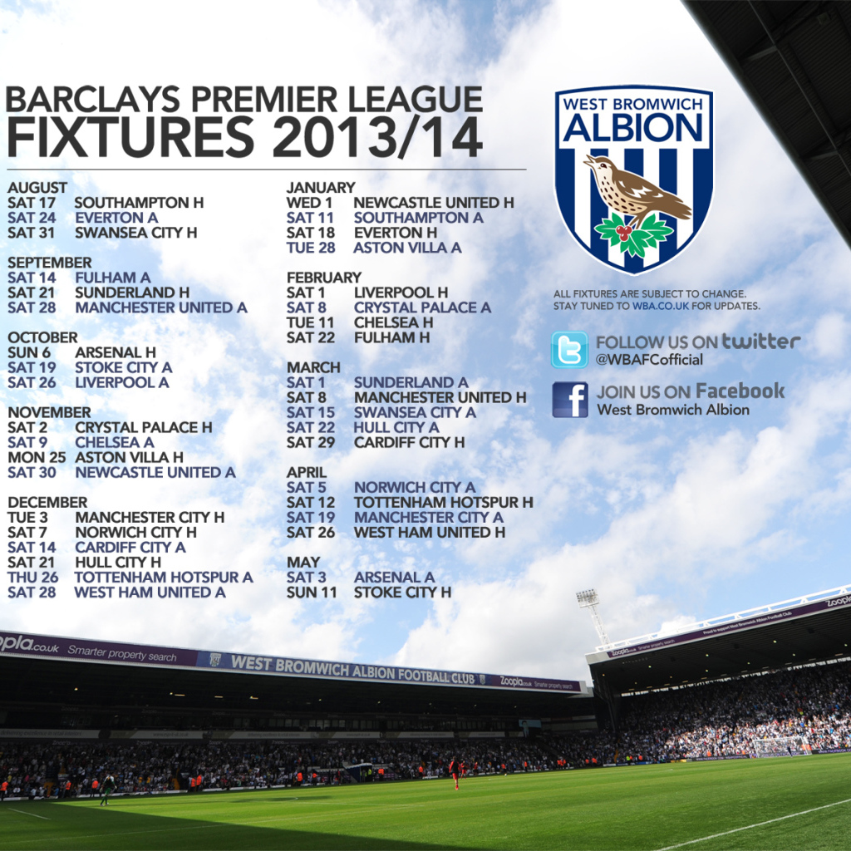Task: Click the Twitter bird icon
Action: pos(569,350)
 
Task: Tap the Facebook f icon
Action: pos(570,400)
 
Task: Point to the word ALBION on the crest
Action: pos(633,128)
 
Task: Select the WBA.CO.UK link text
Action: pos(660,306)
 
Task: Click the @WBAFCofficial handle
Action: pos(649,359)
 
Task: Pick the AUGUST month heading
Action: pos(37,188)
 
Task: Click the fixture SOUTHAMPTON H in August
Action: pos(139,203)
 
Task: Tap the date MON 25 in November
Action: pos(37,458)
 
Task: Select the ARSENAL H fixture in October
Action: pos(116,352)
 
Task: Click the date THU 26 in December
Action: pos(32,578)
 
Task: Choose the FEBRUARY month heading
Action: pos(324,278)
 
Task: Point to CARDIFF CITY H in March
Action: pos(409,442)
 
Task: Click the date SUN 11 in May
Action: pos(312,592)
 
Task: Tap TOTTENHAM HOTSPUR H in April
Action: pos(444,503)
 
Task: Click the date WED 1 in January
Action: pos(309,203)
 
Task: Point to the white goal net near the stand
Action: pos(780,746)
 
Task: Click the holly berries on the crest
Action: pos(624,233)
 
